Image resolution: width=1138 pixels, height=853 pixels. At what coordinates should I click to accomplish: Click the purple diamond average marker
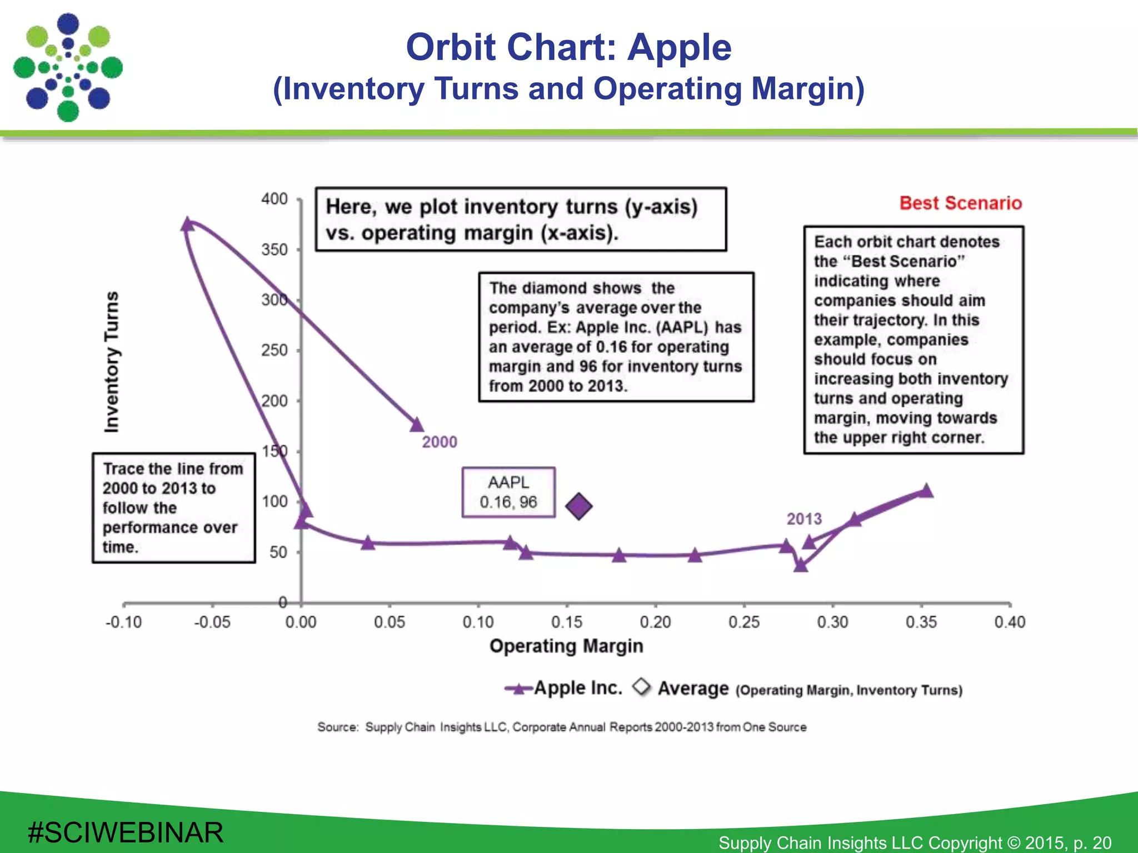pos(578,506)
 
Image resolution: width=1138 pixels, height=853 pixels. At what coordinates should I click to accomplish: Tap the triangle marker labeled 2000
pos(417,425)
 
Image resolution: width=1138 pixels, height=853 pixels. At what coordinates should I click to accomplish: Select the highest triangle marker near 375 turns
pos(187,224)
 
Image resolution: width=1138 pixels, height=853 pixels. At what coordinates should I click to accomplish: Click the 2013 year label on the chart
pos(803,519)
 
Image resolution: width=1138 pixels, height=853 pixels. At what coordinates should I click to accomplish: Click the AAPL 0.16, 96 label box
pos(508,493)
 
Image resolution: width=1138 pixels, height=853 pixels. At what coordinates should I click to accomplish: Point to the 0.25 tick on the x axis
pos(743,622)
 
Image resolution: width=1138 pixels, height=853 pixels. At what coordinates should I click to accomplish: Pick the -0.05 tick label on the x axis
pos(212,622)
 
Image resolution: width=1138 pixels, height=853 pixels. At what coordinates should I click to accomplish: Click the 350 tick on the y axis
pos(274,249)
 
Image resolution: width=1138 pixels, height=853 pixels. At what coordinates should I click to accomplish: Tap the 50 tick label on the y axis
pos(278,552)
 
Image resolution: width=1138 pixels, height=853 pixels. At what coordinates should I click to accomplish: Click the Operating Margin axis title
pos(566,646)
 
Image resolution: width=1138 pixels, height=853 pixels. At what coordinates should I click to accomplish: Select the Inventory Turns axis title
pos(112,362)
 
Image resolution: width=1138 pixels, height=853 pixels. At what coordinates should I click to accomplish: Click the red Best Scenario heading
pos(960,203)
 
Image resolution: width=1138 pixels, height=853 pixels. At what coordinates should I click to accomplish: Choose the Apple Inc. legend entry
pos(564,689)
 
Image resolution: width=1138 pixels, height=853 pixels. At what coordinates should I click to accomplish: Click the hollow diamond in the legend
pos(642,687)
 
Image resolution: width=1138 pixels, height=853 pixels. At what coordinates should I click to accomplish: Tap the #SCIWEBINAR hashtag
pos(126,832)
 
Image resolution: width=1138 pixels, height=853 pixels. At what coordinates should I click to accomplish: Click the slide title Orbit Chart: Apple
pos(568,47)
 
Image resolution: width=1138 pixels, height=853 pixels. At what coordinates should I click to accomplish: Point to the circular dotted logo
pos(68,67)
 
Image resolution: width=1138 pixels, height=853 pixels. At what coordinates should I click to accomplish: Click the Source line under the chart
pos(561,727)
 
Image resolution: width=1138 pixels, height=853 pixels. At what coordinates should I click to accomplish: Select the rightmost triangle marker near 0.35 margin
pos(926,490)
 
